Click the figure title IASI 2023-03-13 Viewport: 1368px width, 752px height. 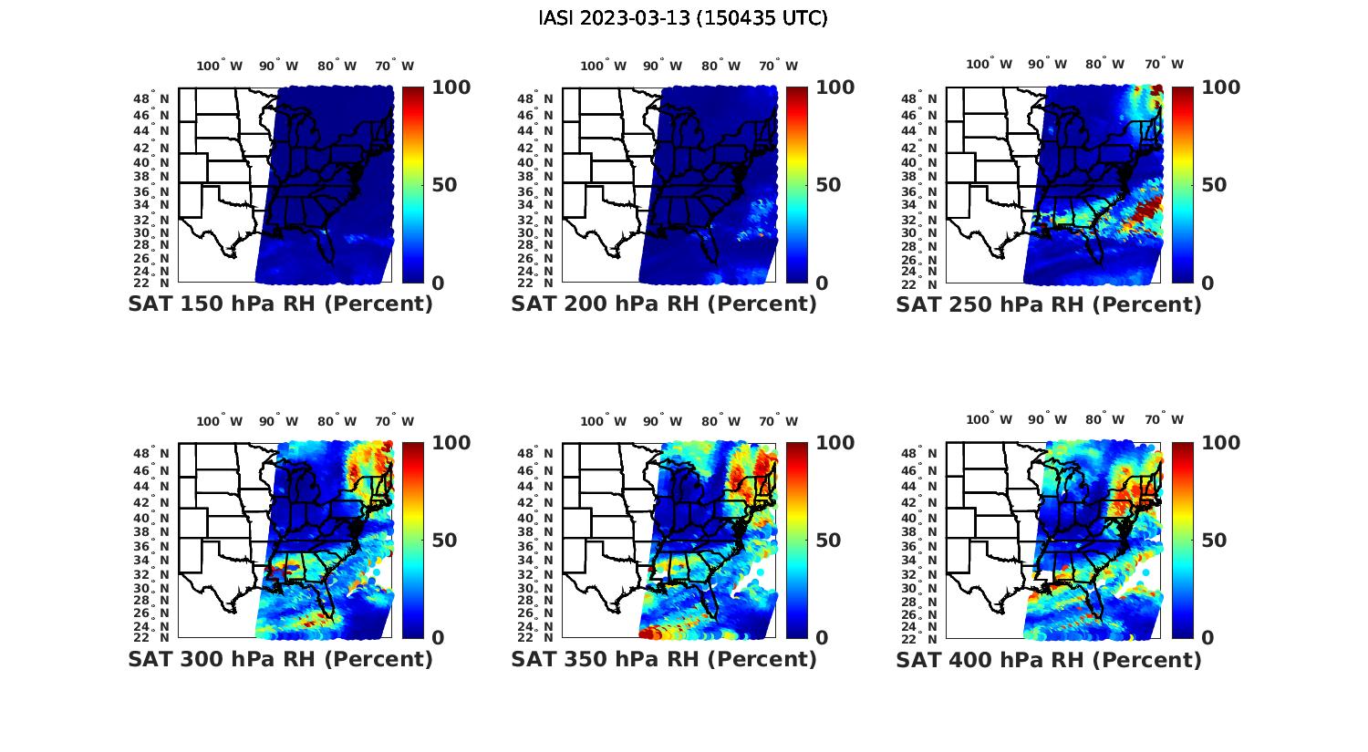pyautogui.click(x=683, y=18)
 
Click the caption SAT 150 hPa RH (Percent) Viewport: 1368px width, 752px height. pyautogui.click(x=280, y=304)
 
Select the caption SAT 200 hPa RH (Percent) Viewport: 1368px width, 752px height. pyautogui.click(x=664, y=304)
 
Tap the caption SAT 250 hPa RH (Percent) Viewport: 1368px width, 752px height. pyautogui.click(x=1049, y=304)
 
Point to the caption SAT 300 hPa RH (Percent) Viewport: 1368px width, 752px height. pyautogui.click(x=280, y=659)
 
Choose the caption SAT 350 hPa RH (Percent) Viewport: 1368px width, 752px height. pyautogui.click(x=664, y=659)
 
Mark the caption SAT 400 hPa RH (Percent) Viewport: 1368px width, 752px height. pyautogui.click(x=1049, y=659)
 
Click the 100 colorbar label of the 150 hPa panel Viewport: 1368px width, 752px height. pyautogui.click(x=451, y=88)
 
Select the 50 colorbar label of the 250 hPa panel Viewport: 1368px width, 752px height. pyautogui.click(x=1214, y=185)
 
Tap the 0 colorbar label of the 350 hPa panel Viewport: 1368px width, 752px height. pyautogui.click(x=822, y=638)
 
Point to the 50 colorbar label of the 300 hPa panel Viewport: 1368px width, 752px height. pyautogui.click(x=444, y=541)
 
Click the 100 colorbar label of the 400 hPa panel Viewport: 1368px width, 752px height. pyautogui.click(x=1220, y=443)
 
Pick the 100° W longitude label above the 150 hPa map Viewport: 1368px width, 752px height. pyautogui.click(x=220, y=66)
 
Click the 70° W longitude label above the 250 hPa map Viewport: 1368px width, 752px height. pyautogui.click(x=1164, y=64)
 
